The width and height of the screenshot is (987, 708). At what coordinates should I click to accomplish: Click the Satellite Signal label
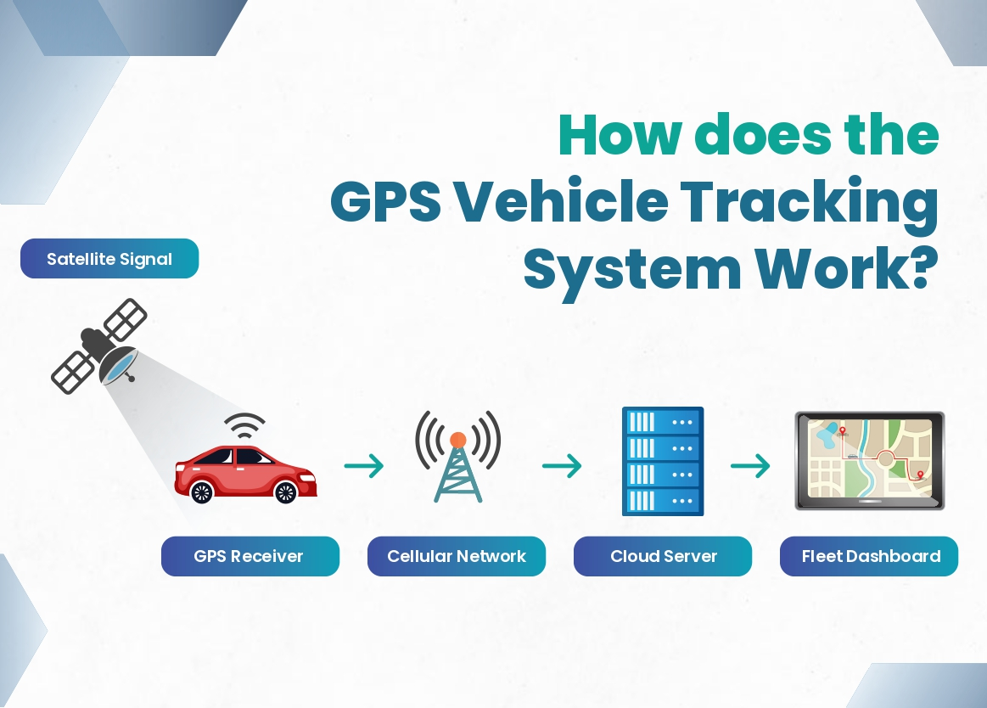109,258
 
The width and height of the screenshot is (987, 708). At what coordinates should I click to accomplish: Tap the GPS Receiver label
250,556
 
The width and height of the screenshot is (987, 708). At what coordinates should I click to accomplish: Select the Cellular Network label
457,556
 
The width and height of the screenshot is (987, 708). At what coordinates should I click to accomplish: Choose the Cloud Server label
663,556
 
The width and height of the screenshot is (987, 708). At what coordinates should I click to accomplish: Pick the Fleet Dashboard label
869,556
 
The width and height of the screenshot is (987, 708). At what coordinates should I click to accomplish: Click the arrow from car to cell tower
364,466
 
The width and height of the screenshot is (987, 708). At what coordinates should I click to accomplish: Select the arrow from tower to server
562,466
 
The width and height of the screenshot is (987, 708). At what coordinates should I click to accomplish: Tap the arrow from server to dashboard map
750,466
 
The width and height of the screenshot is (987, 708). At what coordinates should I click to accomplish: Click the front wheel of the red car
286,492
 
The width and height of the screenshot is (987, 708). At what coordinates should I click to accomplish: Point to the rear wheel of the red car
202,492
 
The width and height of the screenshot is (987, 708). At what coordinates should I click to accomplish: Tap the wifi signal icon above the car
245,426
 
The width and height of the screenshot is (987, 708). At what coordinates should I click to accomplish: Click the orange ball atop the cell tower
458,440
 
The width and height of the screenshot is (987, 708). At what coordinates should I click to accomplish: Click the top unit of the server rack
663,421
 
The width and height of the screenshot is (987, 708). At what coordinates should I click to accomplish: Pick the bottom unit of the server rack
663,502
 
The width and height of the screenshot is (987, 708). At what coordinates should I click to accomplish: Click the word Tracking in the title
810,204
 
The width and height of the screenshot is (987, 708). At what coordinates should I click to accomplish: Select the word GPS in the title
385,201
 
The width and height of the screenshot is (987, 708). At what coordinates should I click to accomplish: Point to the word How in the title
620,135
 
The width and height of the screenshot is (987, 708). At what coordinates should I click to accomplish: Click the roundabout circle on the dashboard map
886,458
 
